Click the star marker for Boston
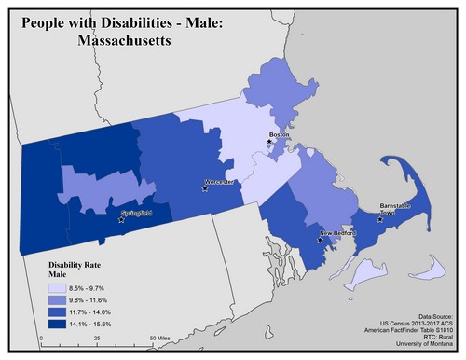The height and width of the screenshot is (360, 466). click(270, 142)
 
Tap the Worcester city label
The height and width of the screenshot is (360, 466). click(220, 181)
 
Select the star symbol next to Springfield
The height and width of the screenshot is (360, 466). click(121, 221)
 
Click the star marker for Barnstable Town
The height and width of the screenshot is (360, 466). click(378, 221)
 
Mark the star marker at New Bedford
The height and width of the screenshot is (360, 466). click(320, 240)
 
